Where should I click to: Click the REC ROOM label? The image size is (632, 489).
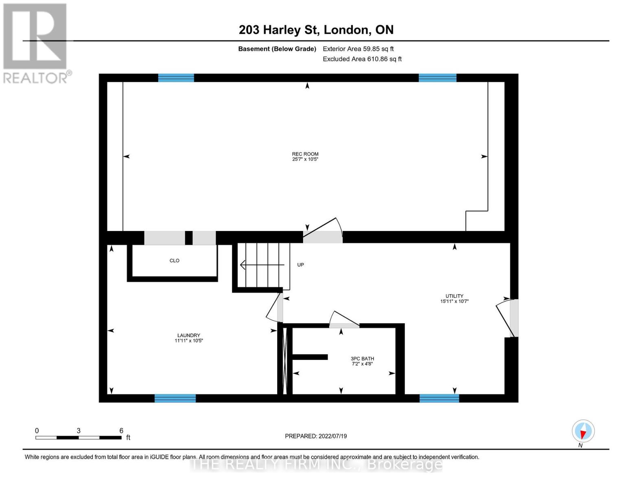[305, 156]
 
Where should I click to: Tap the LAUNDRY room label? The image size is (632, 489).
[188, 338]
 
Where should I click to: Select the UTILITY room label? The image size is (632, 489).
[454, 299]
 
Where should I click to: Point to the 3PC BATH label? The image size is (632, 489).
[362, 361]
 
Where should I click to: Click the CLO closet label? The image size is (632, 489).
[174, 261]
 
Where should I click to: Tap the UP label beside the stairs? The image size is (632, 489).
[300, 265]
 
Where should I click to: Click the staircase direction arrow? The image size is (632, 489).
[262, 265]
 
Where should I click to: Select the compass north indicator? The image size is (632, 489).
[583, 431]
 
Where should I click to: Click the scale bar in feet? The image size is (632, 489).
[79, 437]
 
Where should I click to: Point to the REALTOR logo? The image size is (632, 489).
[35, 43]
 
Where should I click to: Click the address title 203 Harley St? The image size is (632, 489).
[316, 30]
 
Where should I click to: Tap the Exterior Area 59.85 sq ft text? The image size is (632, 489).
[358, 49]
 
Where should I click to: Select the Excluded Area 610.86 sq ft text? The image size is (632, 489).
[362, 59]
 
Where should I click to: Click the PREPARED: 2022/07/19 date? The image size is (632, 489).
[316, 436]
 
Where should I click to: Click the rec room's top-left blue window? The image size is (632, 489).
[176, 78]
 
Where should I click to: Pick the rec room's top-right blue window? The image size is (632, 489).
[437, 78]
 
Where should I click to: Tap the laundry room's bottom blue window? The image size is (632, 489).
[175, 398]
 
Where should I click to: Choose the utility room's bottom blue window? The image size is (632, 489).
[439, 398]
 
